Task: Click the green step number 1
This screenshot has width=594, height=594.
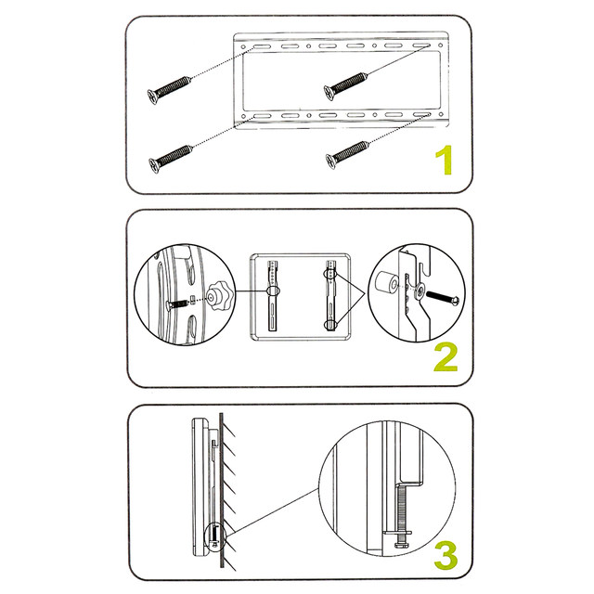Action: [445, 160]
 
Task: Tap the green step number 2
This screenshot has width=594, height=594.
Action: [445, 356]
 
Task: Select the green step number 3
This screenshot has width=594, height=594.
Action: [445, 556]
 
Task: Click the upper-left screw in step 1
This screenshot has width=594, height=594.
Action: [169, 90]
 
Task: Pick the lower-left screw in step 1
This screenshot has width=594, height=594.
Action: [171, 159]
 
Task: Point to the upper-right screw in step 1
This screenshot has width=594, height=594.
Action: [345, 86]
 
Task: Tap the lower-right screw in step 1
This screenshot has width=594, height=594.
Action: [347, 155]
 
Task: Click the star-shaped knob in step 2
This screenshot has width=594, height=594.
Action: [220, 299]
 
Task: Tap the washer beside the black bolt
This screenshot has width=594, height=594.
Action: [420, 291]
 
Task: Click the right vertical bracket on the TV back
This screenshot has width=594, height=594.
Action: [331, 296]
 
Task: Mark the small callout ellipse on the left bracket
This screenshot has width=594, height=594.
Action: [274, 291]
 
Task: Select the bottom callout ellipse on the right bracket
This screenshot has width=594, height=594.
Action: [330, 325]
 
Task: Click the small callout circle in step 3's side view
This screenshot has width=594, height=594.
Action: [214, 536]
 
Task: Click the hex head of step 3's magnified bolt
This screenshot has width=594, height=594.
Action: [402, 545]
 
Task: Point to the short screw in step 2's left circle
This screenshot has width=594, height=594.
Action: [178, 303]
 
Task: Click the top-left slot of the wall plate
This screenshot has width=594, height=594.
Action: [262, 46]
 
